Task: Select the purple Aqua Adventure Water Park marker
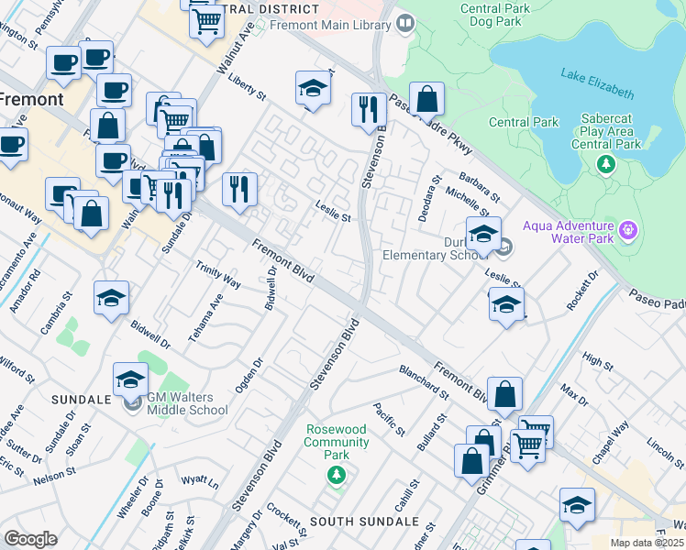point(626,227)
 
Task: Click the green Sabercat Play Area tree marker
point(604,164)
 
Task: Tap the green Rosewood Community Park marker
point(337,474)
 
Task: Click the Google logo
point(30,538)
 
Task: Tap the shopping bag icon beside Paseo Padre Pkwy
point(426,99)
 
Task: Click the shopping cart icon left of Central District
point(207,20)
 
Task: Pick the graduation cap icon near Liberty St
point(313,89)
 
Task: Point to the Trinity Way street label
point(218,274)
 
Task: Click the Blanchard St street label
point(423,382)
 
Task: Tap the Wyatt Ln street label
point(200,482)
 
